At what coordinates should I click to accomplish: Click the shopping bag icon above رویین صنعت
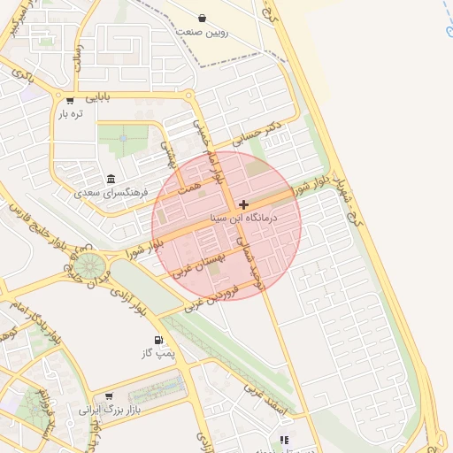coord(203,18)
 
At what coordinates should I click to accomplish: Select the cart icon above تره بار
coord(70,100)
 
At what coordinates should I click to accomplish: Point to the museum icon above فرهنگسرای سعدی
coord(111,178)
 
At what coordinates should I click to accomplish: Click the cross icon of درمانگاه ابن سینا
coord(243,204)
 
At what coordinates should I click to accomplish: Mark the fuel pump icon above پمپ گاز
coord(158,341)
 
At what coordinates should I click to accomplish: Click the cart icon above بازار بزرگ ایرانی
coord(109,397)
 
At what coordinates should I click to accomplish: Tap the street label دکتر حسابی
coord(257,134)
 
